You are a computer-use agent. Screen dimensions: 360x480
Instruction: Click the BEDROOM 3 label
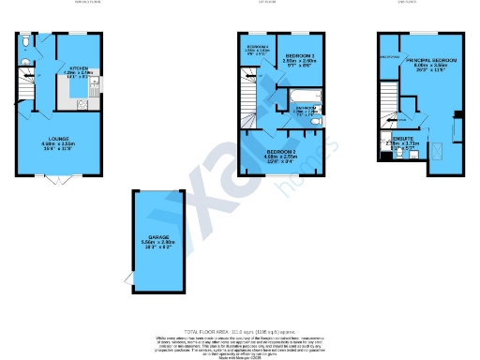[300, 55]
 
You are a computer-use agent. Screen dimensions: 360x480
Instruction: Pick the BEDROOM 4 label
[257, 46]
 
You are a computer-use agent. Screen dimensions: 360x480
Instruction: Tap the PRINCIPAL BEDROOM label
[423, 58]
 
